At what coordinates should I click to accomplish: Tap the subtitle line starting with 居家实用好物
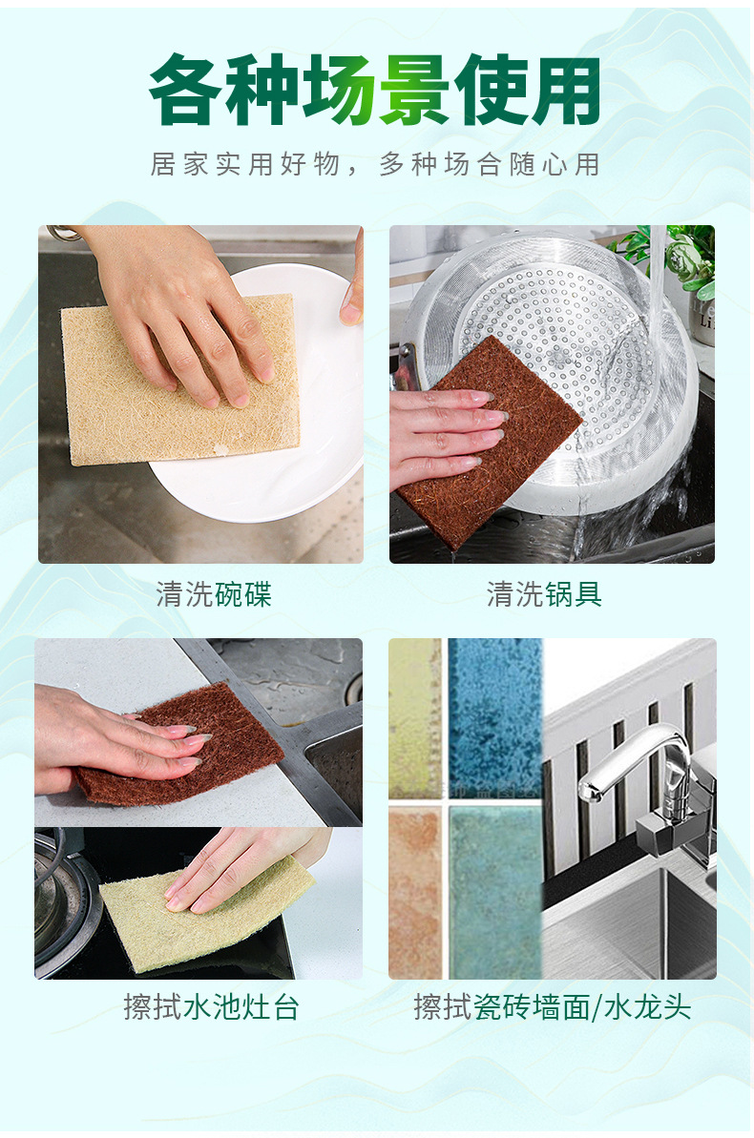tap(375, 165)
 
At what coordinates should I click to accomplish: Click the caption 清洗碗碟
tap(214, 594)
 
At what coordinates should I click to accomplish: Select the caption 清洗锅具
tap(544, 594)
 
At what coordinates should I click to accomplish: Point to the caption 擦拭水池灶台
tap(211, 1007)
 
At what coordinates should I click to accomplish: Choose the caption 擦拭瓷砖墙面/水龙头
tap(552, 1007)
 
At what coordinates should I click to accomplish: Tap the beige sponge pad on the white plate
tap(180, 379)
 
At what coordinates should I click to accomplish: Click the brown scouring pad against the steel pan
tap(488, 443)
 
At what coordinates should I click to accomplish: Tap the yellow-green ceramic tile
tap(415, 718)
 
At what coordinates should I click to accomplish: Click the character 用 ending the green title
tap(567, 90)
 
